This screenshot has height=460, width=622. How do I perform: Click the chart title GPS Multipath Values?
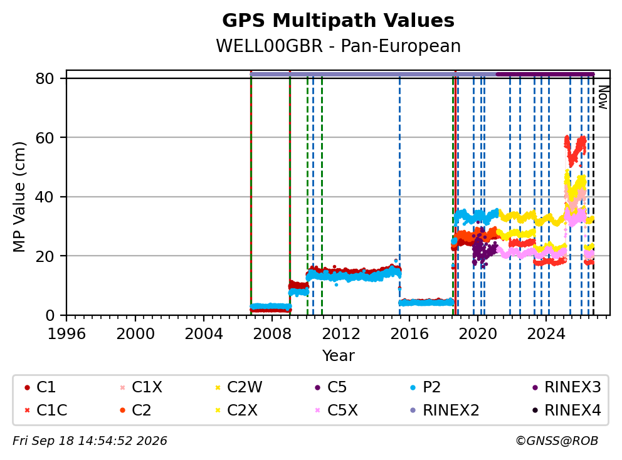point(338,21)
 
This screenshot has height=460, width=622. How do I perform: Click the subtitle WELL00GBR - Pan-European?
point(338,46)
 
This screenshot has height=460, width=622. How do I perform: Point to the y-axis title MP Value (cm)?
point(19,197)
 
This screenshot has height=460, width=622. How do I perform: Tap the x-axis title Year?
point(338,355)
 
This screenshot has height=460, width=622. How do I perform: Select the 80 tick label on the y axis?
point(45,78)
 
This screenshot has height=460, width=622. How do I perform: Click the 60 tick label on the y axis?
point(45,138)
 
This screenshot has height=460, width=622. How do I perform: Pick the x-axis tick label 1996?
point(66,334)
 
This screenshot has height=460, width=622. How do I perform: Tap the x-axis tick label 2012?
point(340,334)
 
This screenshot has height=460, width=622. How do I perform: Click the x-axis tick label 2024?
point(546,334)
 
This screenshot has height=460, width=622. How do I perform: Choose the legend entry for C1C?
point(46,410)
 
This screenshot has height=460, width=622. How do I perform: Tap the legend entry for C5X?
point(336,410)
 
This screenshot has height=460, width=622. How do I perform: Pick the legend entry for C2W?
point(238,387)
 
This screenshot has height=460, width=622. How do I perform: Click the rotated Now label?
point(603,98)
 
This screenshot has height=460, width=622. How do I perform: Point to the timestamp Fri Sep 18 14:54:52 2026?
point(90,441)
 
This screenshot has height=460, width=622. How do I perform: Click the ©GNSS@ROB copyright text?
point(557,441)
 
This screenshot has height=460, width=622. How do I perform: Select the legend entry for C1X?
point(141,387)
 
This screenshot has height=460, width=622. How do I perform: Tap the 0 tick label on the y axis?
point(50,316)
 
